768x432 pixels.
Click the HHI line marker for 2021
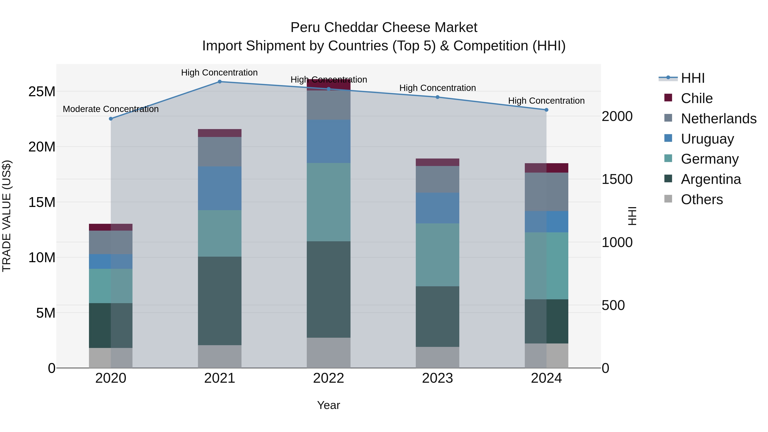click(220, 81)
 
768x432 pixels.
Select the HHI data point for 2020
click(111, 119)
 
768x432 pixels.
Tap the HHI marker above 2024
click(546, 110)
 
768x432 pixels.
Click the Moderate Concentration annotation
click(111, 109)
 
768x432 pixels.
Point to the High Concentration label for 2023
click(437, 88)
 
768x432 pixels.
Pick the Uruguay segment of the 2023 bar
click(437, 208)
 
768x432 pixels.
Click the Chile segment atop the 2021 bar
click(220, 133)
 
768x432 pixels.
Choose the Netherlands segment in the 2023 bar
click(437, 179)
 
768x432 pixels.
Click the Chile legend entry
click(697, 98)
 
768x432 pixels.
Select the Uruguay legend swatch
click(668, 138)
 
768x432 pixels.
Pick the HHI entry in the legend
click(692, 78)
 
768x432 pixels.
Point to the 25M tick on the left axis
click(42, 92)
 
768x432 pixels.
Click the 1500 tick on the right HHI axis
click(617, 179)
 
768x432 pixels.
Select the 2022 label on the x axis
click(329, 378)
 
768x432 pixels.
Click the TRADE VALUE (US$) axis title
click(7, 216)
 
